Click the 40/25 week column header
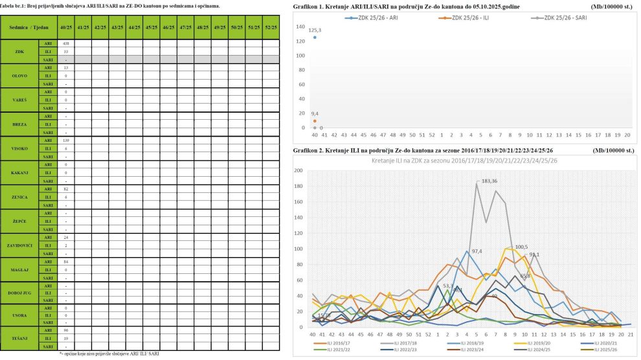click(x=66, y=28)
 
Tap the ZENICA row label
click(x=19, y=196)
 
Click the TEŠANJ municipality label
click(x=19, y=337)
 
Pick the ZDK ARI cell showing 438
click(x=66, y=43)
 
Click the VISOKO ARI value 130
click(x=66, y=140)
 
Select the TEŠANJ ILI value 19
click(x=66, y=338)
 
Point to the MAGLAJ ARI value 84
click(x=66, y=261)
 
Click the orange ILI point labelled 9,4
click(x=315, y=121)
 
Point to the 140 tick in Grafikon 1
click(x=300, y=27)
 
